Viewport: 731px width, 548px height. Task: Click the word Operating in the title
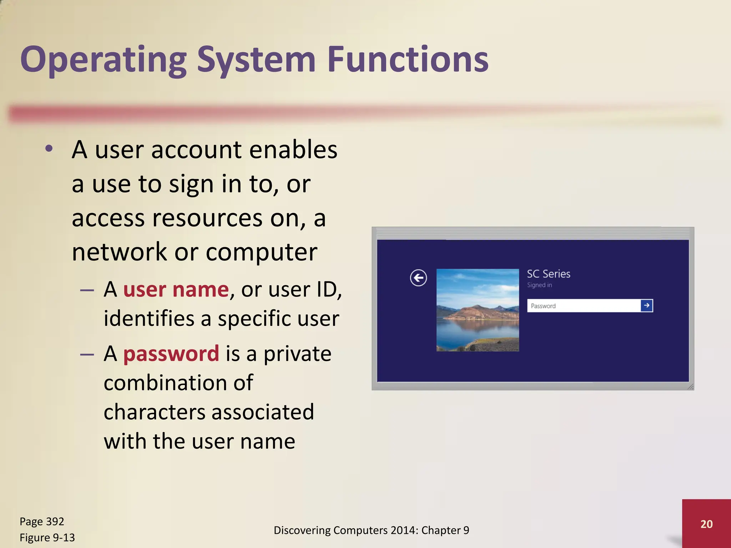pos(104,60)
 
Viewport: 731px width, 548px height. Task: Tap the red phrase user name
pos(176,289)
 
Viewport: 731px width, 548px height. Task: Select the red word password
pos(171,354)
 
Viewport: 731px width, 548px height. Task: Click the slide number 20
pos(706,524)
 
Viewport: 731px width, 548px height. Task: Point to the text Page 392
pos(42,522)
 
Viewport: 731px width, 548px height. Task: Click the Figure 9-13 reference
pos(47,538)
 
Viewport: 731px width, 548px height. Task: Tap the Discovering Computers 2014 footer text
pos(371,531)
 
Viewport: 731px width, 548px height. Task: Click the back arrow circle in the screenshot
pos(418,278)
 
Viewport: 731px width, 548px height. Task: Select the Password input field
pos(584,306)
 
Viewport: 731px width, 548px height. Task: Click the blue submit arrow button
pos(646,306)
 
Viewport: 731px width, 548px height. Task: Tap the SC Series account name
pos(549,274)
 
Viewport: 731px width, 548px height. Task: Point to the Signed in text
pos(539,285)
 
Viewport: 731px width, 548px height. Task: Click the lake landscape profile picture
pos(478,310)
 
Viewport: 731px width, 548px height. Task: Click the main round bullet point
pos(49,149)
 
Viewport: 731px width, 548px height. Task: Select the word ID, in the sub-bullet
pos(329,289)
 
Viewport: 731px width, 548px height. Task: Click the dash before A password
pos(87,354)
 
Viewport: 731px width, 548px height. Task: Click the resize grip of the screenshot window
pos(690,387)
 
